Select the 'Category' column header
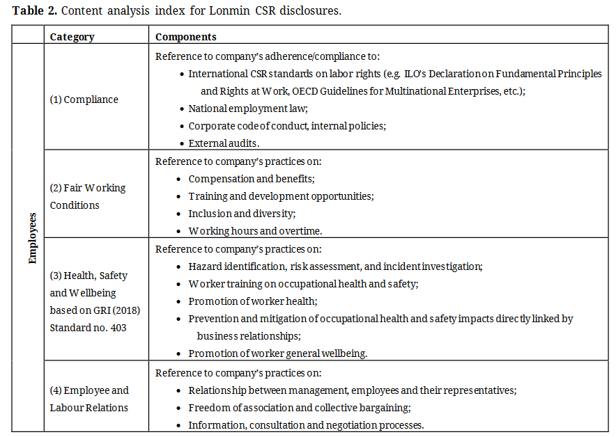click(72, 37)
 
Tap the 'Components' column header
click(185, 37)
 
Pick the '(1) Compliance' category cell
click(84, 100)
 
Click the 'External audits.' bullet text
click(224, 143)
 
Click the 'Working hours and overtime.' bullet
click(255, 231)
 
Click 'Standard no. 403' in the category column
click(88, 327)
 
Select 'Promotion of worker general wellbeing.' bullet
click(277, 353)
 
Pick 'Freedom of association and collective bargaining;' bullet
click(300, 408)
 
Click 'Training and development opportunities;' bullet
click(281, 196)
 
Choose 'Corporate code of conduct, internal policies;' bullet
click(287, 126)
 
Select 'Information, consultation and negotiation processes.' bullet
click(306, 425)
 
